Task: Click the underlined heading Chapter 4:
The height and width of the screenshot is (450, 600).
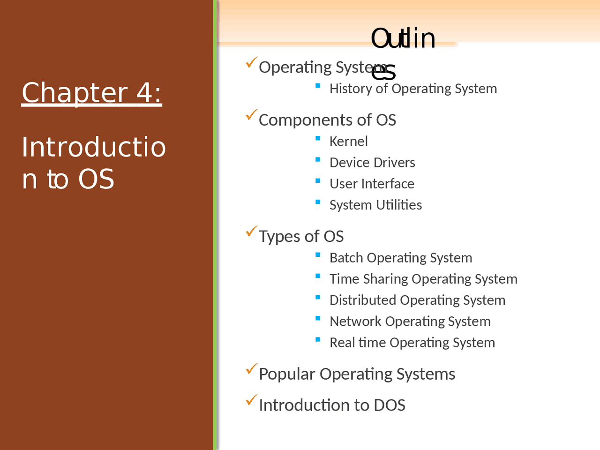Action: pyautogui.click(x=92, y=93)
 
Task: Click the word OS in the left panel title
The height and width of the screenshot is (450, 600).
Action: pyautogui.click(x=96, y=179)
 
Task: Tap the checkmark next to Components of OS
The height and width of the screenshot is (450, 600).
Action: pyautogui.click(x=252, y=115)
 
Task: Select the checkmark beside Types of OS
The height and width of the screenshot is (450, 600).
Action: pyautogui.click(x=252, y=231)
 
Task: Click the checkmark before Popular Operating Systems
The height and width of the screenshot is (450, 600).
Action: pyautogui.click(x=252, y=369)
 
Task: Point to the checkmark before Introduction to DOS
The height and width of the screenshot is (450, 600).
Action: pyautogui.click(x=252, y=400)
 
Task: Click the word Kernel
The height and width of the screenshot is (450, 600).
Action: pyautogui.click(x=348, y=142)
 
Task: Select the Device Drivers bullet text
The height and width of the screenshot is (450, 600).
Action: pyautogui.click(x=372, y=163)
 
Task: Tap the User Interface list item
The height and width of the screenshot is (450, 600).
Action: pyautogui.click(x=372, y=184)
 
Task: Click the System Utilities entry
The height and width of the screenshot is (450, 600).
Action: pyautogui.click(x=375, y=205)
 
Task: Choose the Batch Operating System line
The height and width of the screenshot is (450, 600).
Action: pyautogui.click(x=400, y=258)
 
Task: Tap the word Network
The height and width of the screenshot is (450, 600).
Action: pyautogui.click(x=355, y=322)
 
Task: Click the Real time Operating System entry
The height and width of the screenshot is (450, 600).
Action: pyautogui.click(x=412, y=343)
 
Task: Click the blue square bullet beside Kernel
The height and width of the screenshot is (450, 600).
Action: pyautogui.click(x=318, y=138)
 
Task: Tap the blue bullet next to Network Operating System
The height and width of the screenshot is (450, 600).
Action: pyautogui.click(x=318, y=318)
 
